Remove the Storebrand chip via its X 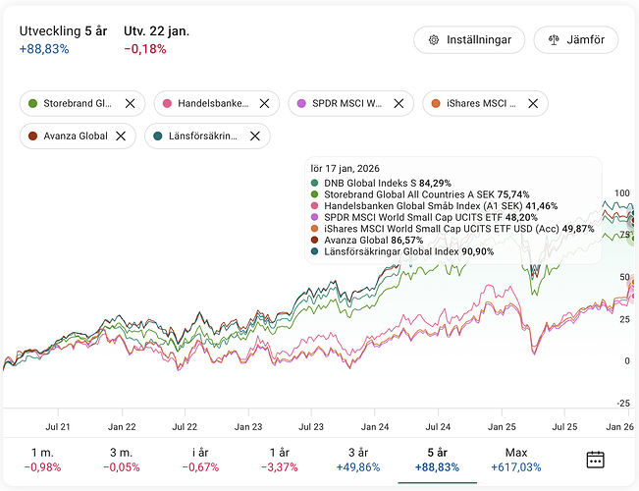[130, 103]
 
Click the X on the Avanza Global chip [123, 136]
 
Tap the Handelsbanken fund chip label [213, 103]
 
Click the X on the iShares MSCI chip [533, 103]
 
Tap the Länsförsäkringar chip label [197, 136]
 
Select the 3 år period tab [358, 460]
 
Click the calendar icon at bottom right [596, 460]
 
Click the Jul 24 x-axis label [437, 427]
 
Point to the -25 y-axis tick [623, 404]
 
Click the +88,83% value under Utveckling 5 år [44, 49]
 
